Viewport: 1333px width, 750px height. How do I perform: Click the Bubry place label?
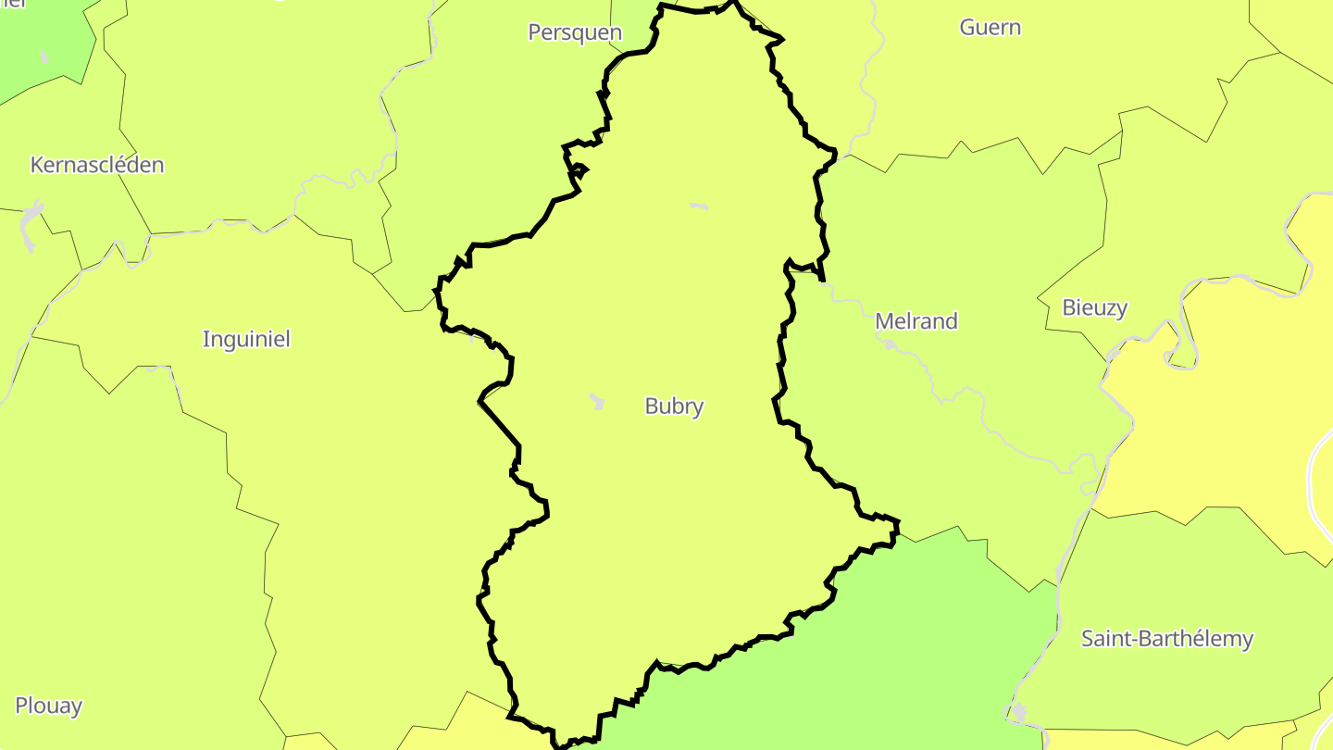pyautogui.click(x=674, y=406)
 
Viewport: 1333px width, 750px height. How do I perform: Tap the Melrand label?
pyautogui.click(x=916, y=321)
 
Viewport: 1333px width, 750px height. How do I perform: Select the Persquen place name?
pyautogui.click(x=575, y=32)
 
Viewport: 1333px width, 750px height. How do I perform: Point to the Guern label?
pyautogui.click(x=990, y=27)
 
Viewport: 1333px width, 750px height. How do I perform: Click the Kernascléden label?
pyautogui.click(x=97, y=165)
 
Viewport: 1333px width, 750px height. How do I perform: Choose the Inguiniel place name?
pyautogui.click(x=246, y=339)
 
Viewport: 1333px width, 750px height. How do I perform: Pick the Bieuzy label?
pyautogui.click(x=1095, y=307)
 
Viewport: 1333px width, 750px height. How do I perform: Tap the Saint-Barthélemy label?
pyautogui.click(x=1167, y=638)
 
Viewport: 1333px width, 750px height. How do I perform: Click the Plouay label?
pyautogui.click(x=49, y=706)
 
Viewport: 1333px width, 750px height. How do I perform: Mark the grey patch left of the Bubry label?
pyautogui.click(x=598, y=402)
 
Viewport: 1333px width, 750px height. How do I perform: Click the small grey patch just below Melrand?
pyautogui.click(x=889, y=344)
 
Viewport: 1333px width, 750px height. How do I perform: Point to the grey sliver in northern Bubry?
pyautogui.click(x=699, y=206)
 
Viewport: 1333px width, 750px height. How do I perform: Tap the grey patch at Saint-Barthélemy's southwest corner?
pyautogui.click(x=1019, y=712)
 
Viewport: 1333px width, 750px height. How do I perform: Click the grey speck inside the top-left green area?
pyautogui.click(x=44, y=56)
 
